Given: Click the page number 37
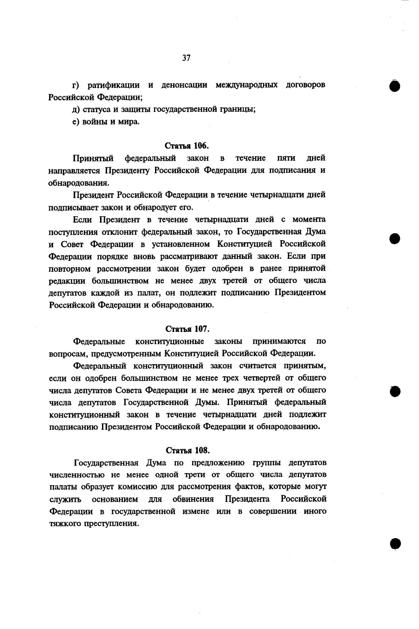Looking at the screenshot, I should click(x=186, y=58).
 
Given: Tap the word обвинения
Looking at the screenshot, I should click(x=193, y=499).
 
